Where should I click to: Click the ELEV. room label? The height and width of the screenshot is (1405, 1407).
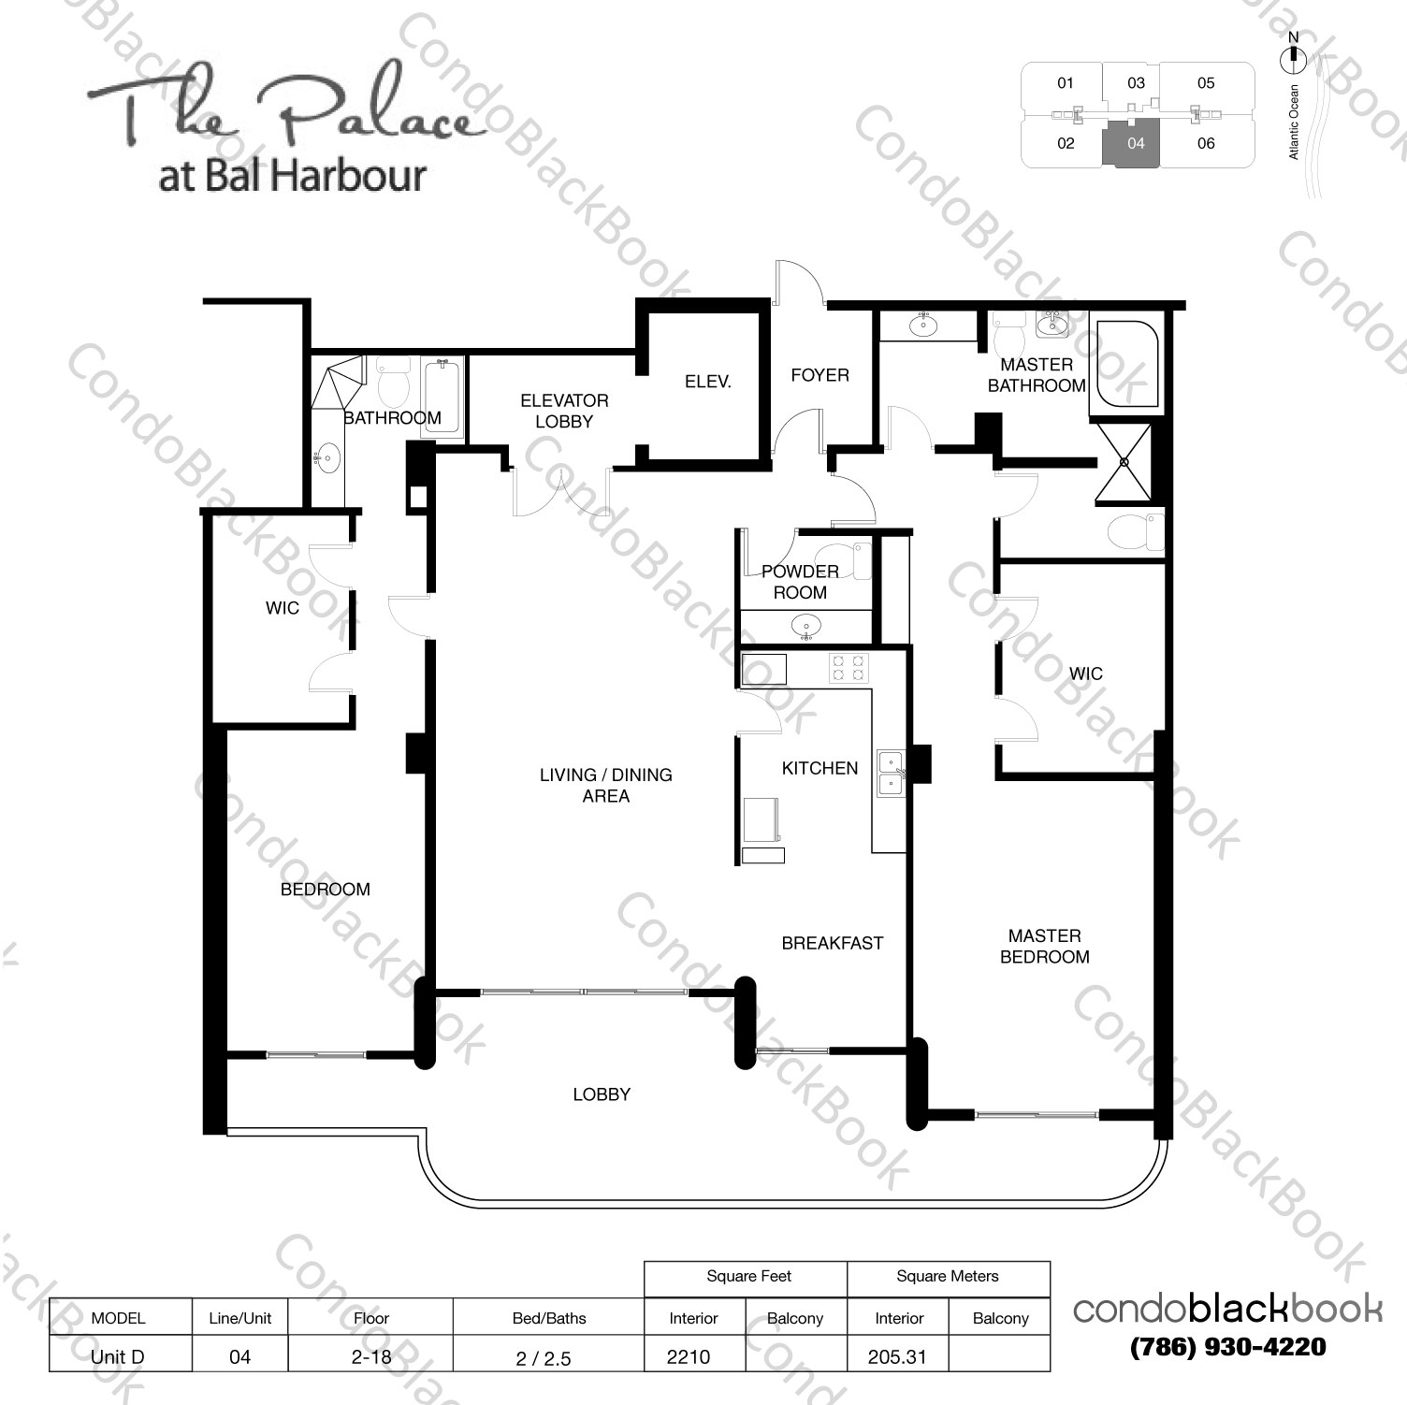click(707, 382)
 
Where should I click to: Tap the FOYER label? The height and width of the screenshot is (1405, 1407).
click(820, 375)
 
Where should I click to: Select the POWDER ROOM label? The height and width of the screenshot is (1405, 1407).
click(800, 582)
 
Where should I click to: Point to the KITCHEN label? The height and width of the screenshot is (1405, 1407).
click(820, 768)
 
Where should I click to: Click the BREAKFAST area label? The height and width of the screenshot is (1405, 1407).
click(832, 943)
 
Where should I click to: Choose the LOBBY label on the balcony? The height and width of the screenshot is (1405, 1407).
click(602, 1094)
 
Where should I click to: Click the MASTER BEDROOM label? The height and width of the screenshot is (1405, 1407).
click(1044, 946)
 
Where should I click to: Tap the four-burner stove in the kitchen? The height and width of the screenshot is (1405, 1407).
click(849, 667)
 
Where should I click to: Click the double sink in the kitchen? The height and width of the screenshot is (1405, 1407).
click(891, 773)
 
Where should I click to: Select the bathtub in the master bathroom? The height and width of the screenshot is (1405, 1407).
click(1126, 364)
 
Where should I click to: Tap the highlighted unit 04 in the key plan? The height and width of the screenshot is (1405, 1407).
click(1134, 144)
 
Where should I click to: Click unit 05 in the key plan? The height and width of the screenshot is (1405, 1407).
click(1206, 83)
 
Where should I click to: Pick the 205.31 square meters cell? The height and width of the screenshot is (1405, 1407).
click(897, 1356)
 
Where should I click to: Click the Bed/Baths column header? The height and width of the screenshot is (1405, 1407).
click(549, 1318)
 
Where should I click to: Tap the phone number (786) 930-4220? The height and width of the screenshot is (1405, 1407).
click(1227, 1347)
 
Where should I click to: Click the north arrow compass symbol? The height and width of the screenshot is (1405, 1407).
click(1293, 55)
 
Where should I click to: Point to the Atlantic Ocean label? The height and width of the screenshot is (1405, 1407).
click(1295, 122)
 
